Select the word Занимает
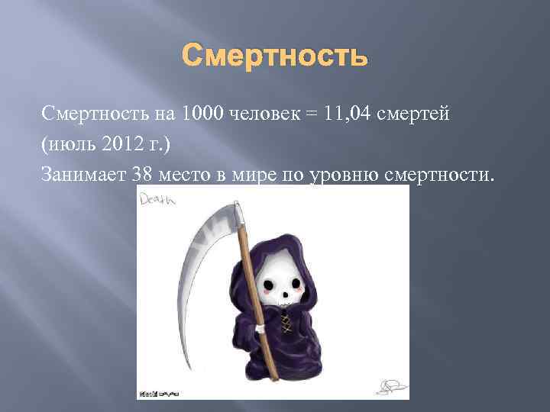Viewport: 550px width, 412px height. (x=85, y=175)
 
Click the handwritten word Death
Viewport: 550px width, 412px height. (x=157, y=200)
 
